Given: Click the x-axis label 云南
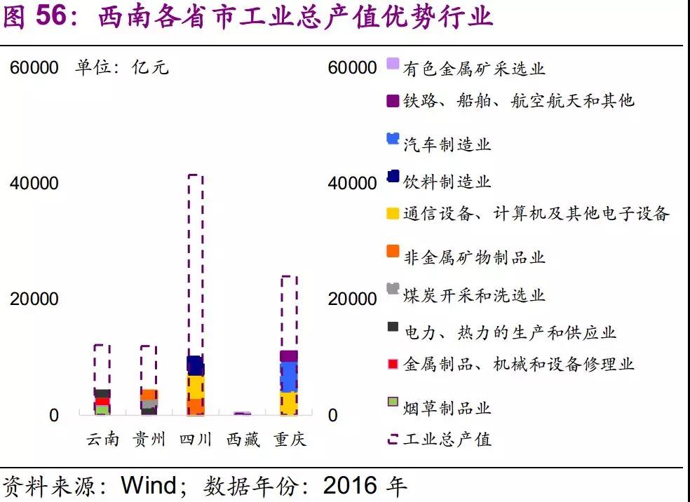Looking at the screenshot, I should tap(102, 440).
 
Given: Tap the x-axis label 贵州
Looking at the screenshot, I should tap(149, 440).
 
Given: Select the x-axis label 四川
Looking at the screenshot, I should tap(196, 440).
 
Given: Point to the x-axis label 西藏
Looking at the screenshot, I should tap(243, 440).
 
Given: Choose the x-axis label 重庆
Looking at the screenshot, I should tap(289, 440).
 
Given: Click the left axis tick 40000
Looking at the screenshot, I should tap(34, 184).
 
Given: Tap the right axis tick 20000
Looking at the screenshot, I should tap(352, 299).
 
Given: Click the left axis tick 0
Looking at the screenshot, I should tap(54, 415).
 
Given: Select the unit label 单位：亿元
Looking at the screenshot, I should tap(123, 68).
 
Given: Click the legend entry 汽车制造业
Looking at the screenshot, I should tap(447, 144).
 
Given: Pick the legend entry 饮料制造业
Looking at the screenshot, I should tap(447, 182).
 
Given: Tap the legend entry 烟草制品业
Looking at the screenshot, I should tap(447, 408).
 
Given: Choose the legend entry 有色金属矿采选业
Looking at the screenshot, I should tap(474, 68).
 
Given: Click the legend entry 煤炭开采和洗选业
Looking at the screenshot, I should tap(474, 295).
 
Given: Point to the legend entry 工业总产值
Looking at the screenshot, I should tap(447, 440).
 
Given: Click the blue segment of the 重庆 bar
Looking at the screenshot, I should tap(289, 377).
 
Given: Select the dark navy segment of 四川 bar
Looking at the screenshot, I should tap(196, 365).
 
